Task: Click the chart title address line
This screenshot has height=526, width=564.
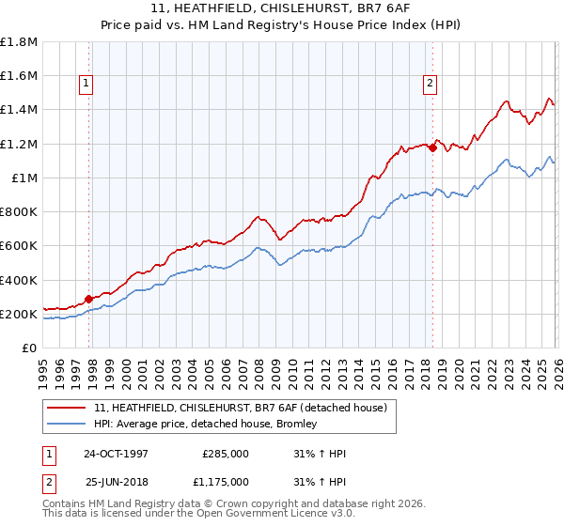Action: coord(282,8)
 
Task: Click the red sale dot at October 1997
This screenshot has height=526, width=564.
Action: coord(89,300)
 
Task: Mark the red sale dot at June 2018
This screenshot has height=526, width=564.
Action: coord(432,147)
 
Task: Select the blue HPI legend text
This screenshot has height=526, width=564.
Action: coord(205,425)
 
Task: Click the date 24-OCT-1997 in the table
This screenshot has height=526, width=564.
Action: coord(116,453)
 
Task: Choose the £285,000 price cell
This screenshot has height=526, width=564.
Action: coord(226,453)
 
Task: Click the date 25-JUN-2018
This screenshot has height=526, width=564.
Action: coord(116,482)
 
